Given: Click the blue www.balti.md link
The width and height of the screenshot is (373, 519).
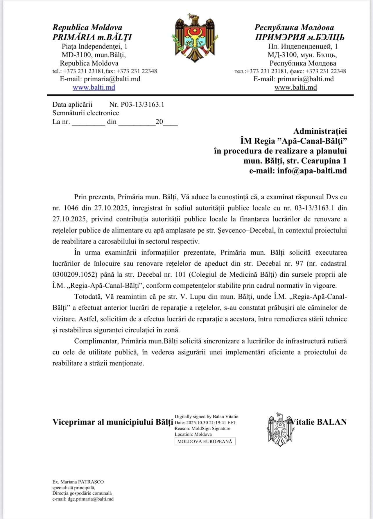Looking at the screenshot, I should click(94, 87).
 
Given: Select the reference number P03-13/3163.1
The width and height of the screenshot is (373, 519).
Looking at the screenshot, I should click(137, 105).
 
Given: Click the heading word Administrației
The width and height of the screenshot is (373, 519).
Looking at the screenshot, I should click(320, 131).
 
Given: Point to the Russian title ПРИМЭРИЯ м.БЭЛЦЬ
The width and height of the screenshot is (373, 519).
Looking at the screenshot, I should click(300, 37).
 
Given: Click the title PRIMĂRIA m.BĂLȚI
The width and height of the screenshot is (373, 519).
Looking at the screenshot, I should click(92, 37).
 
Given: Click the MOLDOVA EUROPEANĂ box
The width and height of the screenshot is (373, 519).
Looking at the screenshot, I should click(205, 441).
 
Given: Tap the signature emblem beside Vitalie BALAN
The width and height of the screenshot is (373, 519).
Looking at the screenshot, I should click(279, 429).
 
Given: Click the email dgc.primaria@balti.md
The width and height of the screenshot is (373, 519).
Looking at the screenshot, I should click(91, 499).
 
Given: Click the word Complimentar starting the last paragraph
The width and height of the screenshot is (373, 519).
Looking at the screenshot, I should click(96, 341).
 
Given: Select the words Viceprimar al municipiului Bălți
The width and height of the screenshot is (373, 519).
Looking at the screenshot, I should click(113, 422).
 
